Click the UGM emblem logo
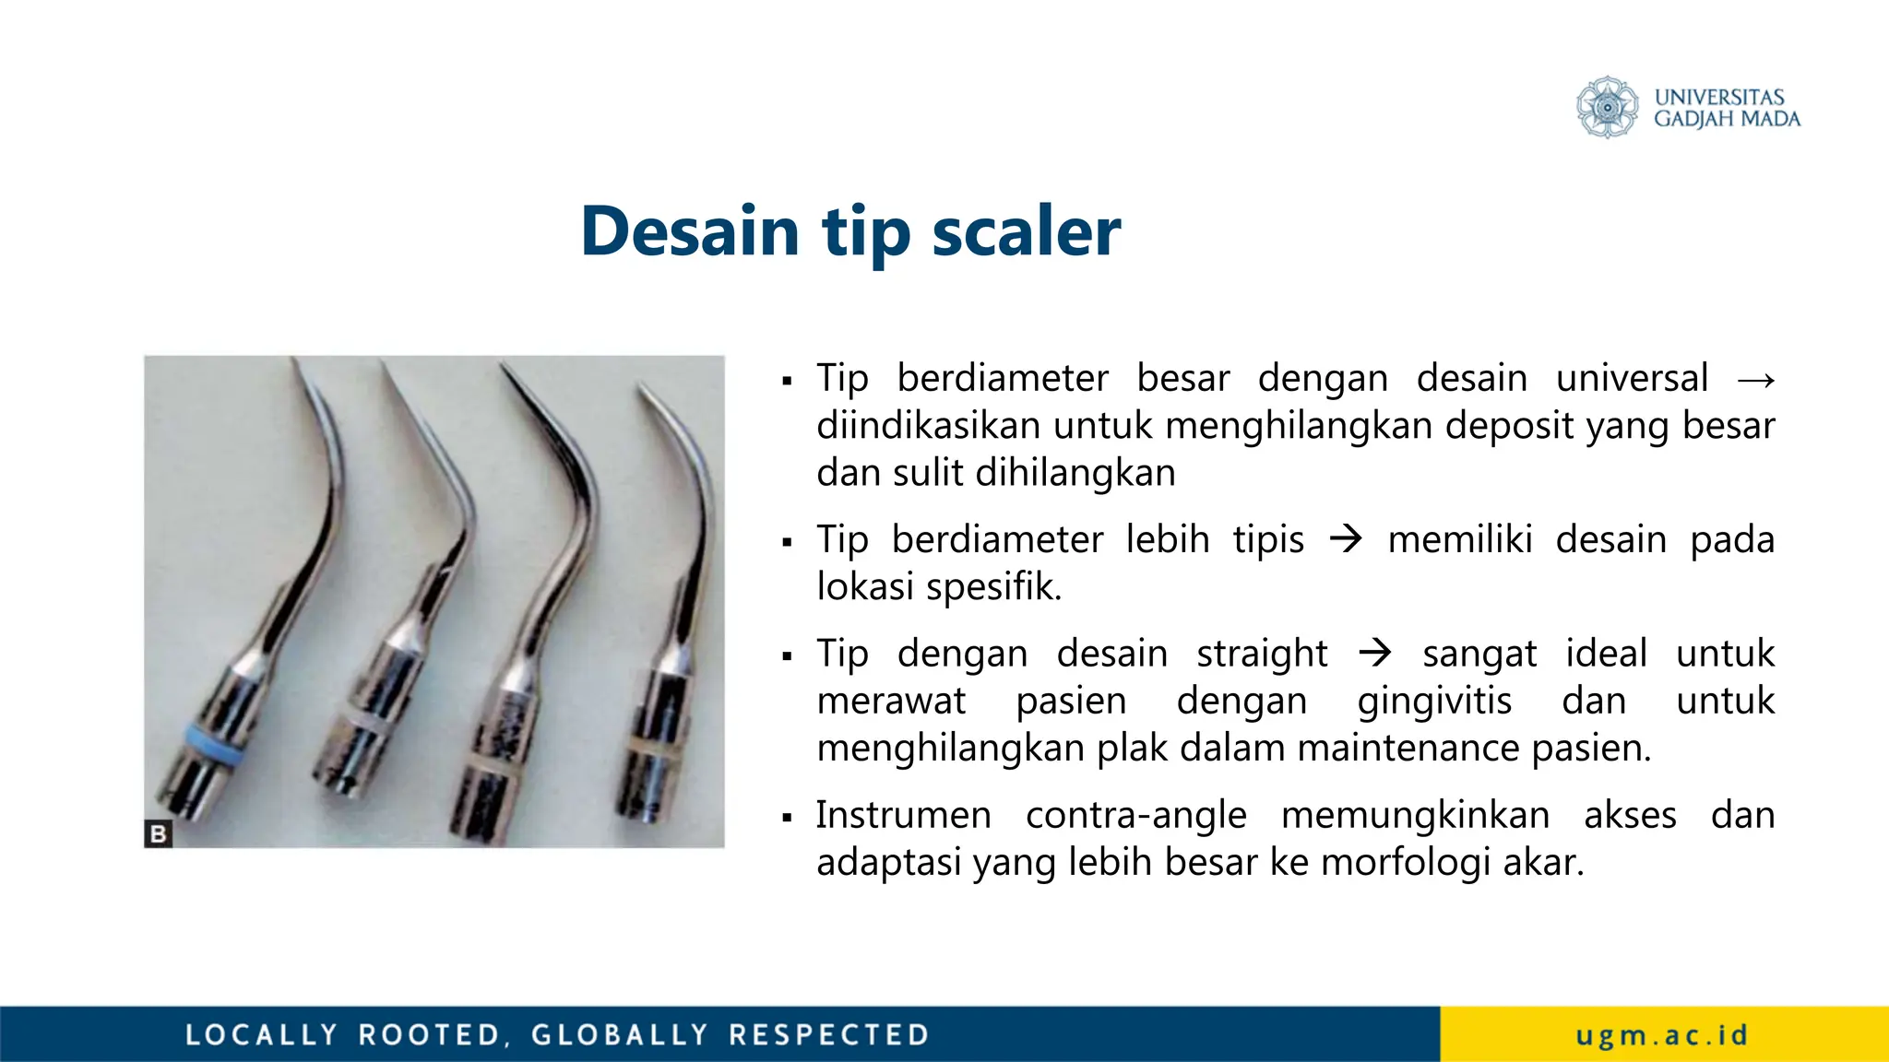1607,107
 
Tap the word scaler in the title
1026,230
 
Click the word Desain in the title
689,230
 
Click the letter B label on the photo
159,833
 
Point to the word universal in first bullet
1632,378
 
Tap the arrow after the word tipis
1346,539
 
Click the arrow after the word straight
1374,654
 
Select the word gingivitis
1434,701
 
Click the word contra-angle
1135,815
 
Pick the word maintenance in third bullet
1409,748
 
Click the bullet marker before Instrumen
787,817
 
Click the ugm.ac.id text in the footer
1662,1034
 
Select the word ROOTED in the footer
430,1034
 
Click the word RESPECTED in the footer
828,1034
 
